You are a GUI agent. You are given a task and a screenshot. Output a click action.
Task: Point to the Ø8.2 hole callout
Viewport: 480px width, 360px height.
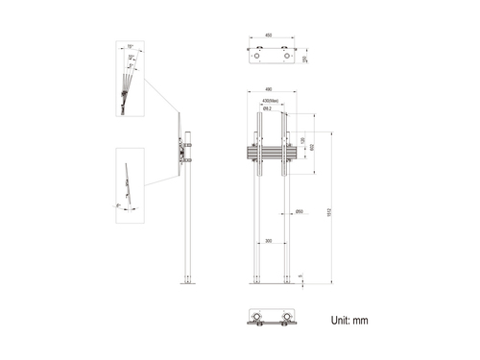[269, 108]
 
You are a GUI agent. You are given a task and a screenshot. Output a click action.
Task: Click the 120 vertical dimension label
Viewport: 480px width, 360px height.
[302, 140]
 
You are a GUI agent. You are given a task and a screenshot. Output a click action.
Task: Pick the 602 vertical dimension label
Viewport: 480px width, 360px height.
[312, 146]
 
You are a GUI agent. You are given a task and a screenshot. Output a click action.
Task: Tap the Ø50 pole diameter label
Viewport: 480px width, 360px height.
[300, 211]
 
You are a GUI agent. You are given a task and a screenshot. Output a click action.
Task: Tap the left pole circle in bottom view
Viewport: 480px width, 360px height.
[256, 316]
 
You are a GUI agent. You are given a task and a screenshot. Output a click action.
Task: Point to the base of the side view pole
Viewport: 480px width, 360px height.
[188, 283]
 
